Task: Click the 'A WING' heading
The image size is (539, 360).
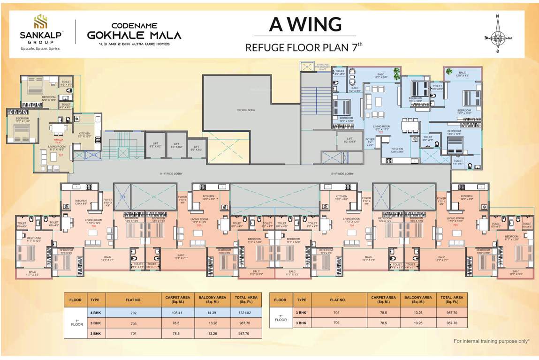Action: [x=305, y=24]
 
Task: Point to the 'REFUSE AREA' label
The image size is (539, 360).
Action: [x=246, y=110]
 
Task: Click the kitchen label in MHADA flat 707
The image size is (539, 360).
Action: [x=84, y=135]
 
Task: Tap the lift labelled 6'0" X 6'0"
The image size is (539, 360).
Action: [x=196, y=148]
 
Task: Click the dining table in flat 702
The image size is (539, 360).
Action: [x=410, y=126]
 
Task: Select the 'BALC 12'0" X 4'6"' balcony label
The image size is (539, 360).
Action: [x=463, y=74]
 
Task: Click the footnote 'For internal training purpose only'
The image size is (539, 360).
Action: [x=491, y=341]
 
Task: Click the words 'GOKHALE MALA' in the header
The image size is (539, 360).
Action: [x=134, y=35]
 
